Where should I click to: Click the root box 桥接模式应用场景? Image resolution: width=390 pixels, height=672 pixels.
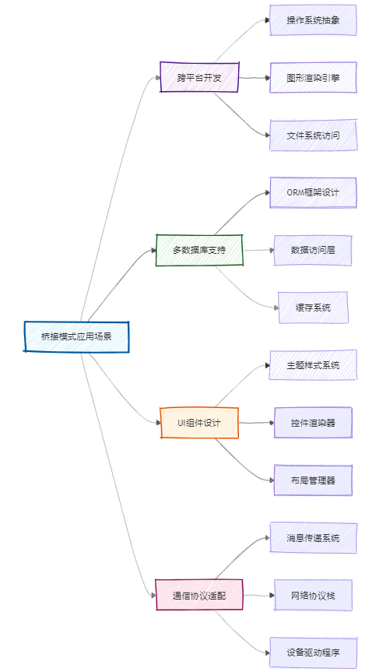pyautogui.click(x=76, y=337)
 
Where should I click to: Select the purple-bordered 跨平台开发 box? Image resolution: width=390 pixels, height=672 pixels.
pyautogui.click(x=199, y=78)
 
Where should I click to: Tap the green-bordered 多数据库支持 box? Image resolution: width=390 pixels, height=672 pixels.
pyautogui.click(x=199, y=250)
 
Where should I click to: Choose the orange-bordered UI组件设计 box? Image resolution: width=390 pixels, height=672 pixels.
pyautogui.click(x=199, y=423)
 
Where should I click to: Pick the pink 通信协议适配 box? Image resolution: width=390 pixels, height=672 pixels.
pyautogui.click(x=199, y=595)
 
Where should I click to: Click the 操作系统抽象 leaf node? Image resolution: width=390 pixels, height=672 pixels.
pyautogui.click(x=313, y=20)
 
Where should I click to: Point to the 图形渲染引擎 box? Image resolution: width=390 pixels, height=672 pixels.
pyautogui.click(x=313, y=78)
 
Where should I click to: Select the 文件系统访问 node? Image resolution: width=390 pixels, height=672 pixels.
pyautogui.click(x=313, y=135)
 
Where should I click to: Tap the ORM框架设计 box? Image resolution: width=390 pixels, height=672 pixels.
pyautogui.click(x=313, y=193)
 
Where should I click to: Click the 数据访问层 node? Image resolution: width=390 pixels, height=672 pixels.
pyautogui.click(x=313, y=250)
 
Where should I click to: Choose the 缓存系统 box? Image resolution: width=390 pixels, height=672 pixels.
pyautogui.click(x=313, y=308)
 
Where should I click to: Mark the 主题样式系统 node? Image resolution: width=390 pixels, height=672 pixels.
pyautogui.click(x=313, y=365)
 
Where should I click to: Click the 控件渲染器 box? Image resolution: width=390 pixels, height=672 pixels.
pyautogui.click(x=313, y=423)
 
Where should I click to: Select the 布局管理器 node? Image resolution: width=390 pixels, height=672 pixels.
pyautogui.click(x=313, y=480)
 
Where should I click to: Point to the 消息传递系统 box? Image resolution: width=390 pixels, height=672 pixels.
pyautogui.click(x=313, y=538)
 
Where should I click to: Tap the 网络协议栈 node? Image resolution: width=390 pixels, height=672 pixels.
pyautogui.click(x=313, y=595)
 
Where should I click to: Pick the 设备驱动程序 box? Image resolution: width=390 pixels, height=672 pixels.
pyautogui.click(x=313, y=653)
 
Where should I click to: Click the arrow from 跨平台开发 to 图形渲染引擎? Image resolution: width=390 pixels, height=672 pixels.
pyautogui.click(x=255, y=78)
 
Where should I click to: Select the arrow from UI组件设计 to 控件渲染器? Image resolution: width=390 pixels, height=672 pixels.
pyautogui.click(x=256, y=423)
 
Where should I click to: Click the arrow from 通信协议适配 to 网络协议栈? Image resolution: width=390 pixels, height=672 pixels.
pyautogui.click(x=258, y=595)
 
